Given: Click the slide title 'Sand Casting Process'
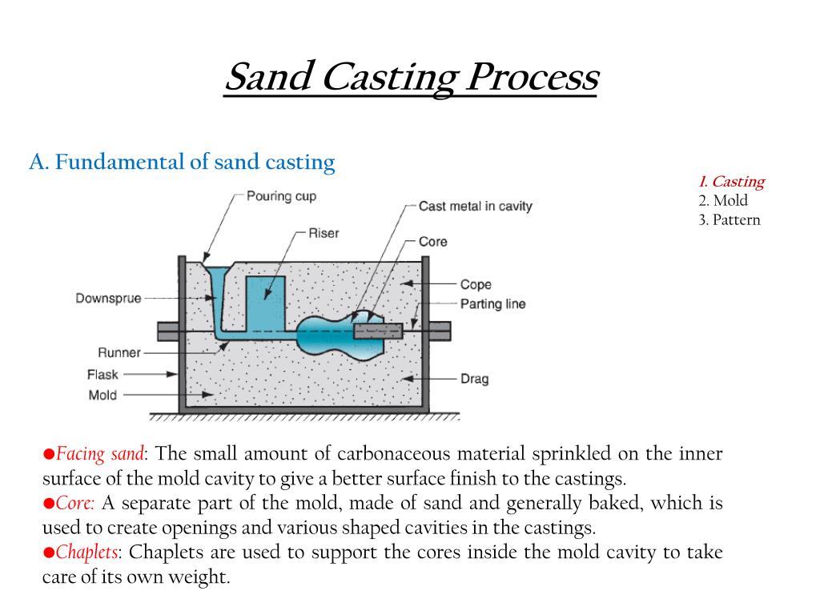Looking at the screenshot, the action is pyautogui.click(x=410, y=78).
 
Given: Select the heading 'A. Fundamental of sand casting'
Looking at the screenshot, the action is pyautogui.click(x=182, y=162).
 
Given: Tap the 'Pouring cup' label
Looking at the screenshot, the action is pyautogui.click(x=281, y=196).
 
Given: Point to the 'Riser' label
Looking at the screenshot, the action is pyautogui.click(x=324, y=233).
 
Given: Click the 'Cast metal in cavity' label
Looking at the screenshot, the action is pyautogui.click(x=475, y=206).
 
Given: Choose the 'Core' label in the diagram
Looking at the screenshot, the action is pyautogui.click(x=432, y=241).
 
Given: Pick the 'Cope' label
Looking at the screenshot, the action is pyautogui.click(x=476, y=284).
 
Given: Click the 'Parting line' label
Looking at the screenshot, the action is pyautogui.click(x=492, y=303).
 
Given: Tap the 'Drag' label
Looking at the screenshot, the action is pyautogui.click(x=474, y=378).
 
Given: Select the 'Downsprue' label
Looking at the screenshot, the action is pyautogui.click(x=108, y=299).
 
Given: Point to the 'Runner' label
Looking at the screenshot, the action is pyautogui.click(x=119, y=352).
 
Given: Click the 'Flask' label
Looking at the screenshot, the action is pyautogui.click(x=102, y=374).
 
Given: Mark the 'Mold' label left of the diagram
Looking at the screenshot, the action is pyautogui.click(x=102, y=395).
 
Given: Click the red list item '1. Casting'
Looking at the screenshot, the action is pyautogui.click(x=730, y=182).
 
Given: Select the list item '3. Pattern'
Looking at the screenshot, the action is pyautogui.click(x=728, y=219).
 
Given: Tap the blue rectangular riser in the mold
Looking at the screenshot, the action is pyautogui.click(x=265, y=301).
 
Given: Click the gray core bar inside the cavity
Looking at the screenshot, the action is pyautogui.click(x=377, y=331).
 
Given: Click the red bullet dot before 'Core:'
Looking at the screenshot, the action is pyautogui.click(x=48, y=504).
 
